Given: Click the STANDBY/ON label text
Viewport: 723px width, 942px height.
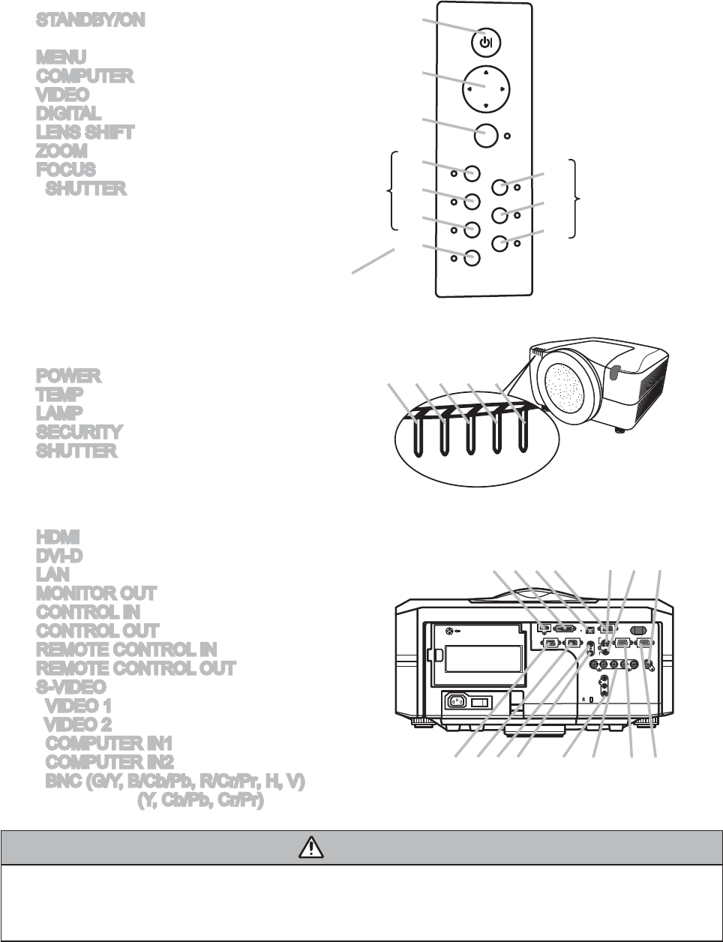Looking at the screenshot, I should pos(91,20).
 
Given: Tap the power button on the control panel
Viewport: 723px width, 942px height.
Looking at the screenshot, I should pos(486,43).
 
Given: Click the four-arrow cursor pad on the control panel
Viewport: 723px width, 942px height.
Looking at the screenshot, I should pos(486,87).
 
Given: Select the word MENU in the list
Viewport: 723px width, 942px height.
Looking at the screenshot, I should pos(61,57).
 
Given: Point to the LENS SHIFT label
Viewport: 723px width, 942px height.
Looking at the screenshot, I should pos(85,133).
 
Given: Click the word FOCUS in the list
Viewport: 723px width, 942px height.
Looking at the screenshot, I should pos(66,170).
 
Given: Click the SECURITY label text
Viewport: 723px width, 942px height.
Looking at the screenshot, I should pos(79,432).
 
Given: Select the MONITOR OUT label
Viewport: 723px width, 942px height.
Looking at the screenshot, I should pos(97,593).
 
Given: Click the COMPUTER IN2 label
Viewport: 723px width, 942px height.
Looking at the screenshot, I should pos(109,763).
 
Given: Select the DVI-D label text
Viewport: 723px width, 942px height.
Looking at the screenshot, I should pos(59,556).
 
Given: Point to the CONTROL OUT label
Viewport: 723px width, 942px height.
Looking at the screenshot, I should pos(97,631).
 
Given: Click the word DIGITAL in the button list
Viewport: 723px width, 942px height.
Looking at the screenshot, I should pos(68,114).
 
